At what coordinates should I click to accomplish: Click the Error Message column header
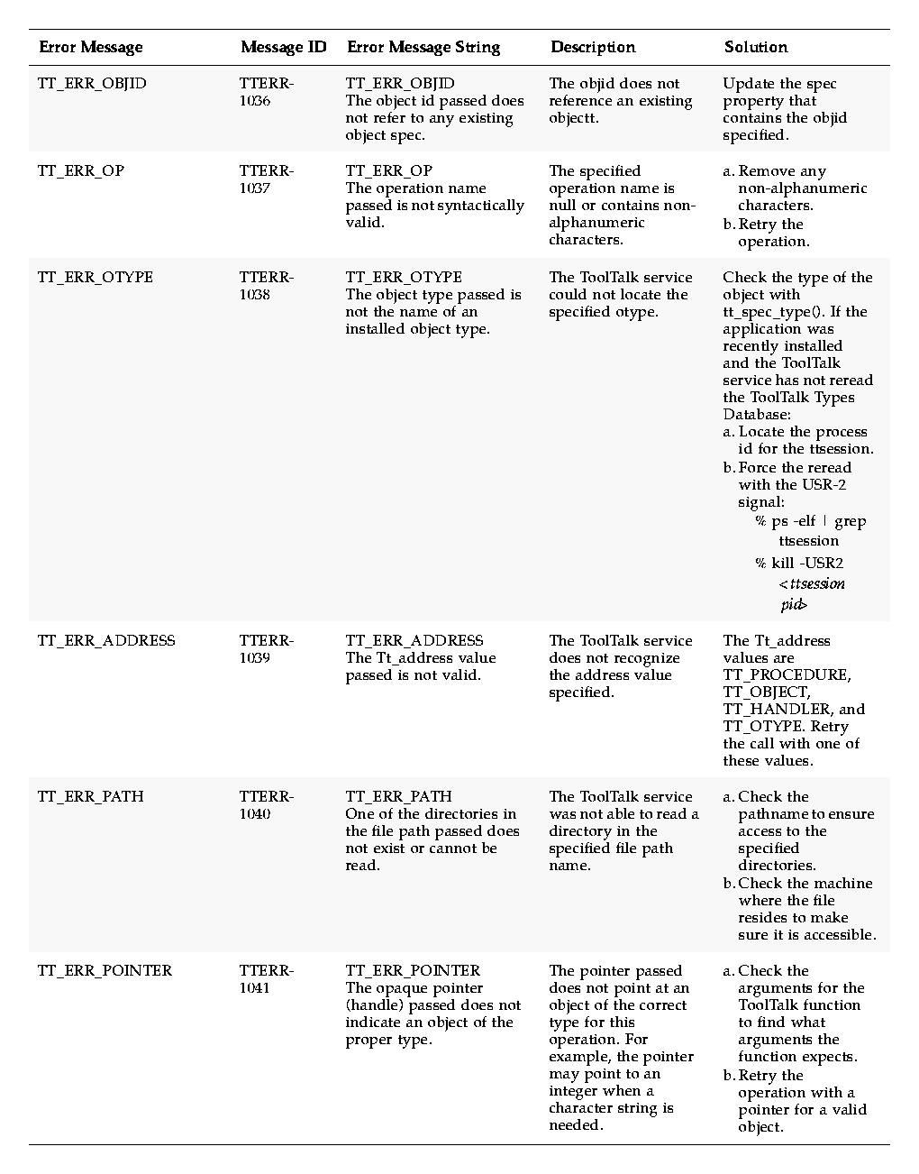90,48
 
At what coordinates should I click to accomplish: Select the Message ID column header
283,48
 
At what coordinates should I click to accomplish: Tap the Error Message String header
423,48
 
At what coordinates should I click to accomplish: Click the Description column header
593,48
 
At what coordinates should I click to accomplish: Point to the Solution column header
756,48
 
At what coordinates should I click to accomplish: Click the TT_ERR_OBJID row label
92,84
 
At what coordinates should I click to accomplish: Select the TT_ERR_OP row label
81,171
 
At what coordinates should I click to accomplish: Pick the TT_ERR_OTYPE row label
96,278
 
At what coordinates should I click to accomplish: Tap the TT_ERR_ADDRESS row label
106,641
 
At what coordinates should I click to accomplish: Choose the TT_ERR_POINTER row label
105,971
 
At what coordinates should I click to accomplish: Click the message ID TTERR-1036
266,92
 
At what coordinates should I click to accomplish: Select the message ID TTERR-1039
266,649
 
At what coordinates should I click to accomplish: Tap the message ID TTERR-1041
266,979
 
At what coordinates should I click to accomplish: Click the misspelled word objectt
573,118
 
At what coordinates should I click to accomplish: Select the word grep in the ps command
850,521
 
